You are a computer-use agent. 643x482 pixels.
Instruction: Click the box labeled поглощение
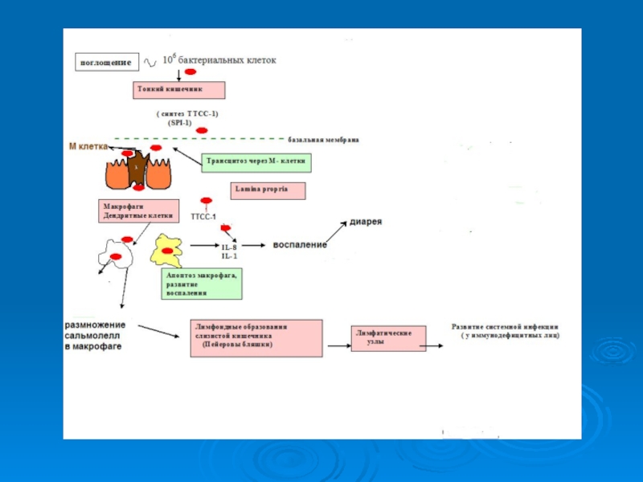click(105, 61)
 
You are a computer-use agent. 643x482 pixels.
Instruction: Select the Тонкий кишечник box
click(178, 90)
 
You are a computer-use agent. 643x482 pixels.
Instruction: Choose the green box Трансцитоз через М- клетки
click(256, 161)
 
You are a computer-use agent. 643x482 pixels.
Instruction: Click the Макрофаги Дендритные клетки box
click(137, 210)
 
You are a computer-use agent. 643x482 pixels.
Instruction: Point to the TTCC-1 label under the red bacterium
click(203, 217)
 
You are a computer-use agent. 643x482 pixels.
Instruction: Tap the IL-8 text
click(229, 247)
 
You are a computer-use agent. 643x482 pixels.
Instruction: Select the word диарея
click(365, 221)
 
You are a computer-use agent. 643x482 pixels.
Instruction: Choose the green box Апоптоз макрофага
click(201, 284)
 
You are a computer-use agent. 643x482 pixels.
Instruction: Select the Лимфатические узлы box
click(388, 338)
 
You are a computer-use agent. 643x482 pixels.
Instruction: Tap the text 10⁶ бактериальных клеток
click(219, 60)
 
